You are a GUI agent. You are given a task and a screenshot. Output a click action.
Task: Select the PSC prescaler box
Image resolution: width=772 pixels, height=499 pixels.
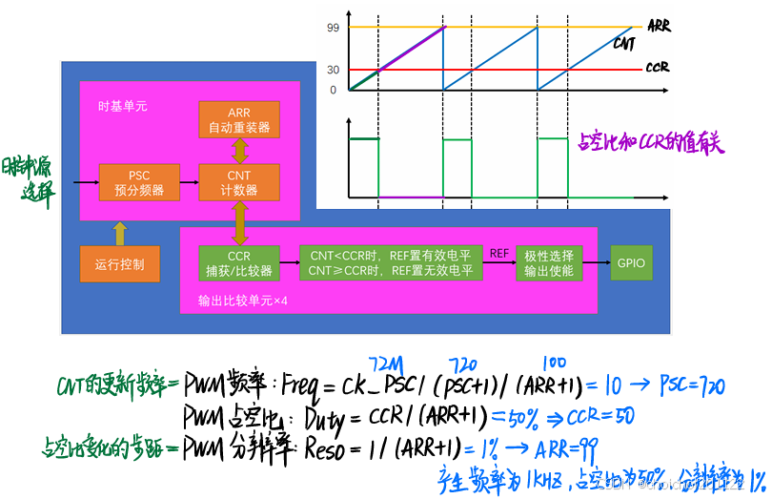point(139,182)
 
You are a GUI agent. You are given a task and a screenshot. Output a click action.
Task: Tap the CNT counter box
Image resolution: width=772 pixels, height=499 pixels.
point(238,182)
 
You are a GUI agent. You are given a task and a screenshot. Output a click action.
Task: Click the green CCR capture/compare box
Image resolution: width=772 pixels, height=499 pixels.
point(238,263)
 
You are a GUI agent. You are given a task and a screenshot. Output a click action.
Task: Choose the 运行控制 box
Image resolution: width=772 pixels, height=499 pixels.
point(119,263)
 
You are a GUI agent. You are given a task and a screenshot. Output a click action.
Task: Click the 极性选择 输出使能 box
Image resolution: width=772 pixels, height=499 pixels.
point(549,263)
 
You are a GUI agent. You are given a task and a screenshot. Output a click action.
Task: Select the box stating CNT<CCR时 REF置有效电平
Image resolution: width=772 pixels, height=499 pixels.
point(391,263)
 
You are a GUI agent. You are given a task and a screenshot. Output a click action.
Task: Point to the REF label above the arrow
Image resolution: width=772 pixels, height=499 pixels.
point(499,253)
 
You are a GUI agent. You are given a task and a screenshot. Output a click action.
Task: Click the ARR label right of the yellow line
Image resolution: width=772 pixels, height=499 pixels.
point(659,26)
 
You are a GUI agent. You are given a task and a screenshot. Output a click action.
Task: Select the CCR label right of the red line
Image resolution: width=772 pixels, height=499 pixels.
point(659,68)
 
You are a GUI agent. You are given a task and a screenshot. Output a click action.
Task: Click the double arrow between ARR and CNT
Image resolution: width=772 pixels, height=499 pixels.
point(238,151)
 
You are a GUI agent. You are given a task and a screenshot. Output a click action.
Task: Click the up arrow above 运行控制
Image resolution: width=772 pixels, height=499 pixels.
point(119,232)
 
